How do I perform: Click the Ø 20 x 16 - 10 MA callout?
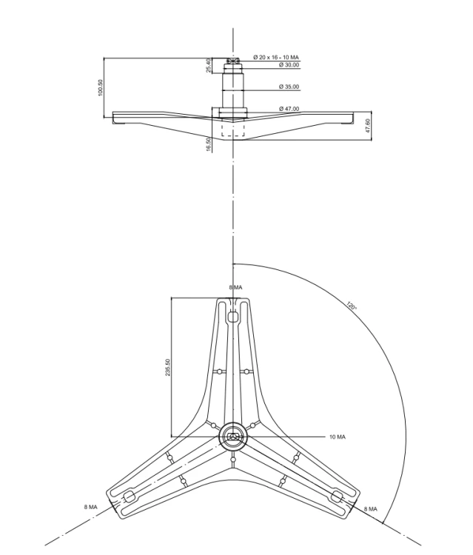(276, 57)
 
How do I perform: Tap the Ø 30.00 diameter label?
(289, 65)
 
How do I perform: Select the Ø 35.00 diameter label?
(289, 87)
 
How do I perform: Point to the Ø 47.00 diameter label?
(289, 109)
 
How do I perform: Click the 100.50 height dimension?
(100, 87)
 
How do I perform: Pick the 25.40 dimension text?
(209, 65)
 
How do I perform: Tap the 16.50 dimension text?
(209, 144)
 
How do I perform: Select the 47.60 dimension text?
(368, 126)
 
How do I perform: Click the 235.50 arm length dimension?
(167, 367)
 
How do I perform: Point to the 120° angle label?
(352, 306)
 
